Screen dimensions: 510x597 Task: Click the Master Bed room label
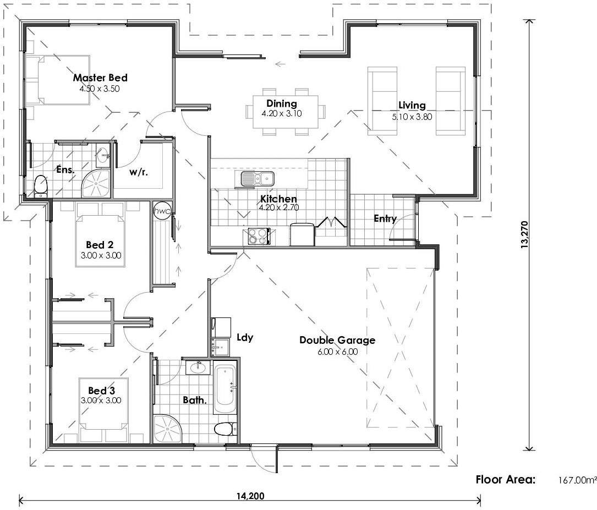(x=100, y=78)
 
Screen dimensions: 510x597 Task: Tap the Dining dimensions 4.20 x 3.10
(x=282, y=114)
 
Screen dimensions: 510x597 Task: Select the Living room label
(x=412, y=106)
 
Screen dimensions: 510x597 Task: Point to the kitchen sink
(x=257, y=178)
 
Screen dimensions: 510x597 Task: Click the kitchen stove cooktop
(x=257, y=236)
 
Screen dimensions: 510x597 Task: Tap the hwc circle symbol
(x=162, y=210)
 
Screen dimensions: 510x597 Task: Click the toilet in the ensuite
(x=40, y=186)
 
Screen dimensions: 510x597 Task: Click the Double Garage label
(x=337, y=340)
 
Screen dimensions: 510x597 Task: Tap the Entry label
(x=385, y=219)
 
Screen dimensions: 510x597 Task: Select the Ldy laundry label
(x=245, y=337)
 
